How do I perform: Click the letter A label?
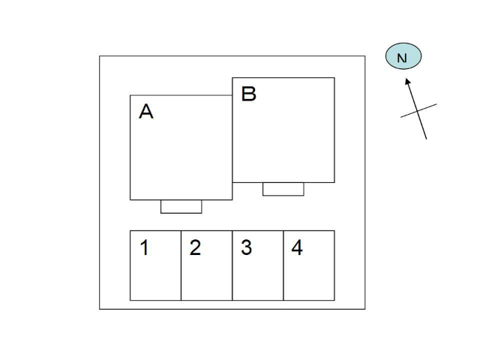(x=146, y=111)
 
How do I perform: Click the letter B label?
(x=248, y=94)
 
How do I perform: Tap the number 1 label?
(x=145, y=247)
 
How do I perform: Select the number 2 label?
(x=195, y=247)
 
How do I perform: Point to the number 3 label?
(x=247, y=247)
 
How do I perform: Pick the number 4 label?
(x=297, y=247)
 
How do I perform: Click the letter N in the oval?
(x=402, y=58)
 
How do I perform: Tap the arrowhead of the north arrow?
(x=407, y=81)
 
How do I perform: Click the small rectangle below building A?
(x=181, y=207)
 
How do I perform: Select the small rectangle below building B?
(x=283, y=189)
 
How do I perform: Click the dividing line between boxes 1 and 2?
(x=181, y=265)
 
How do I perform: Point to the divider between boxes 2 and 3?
(x=232, y=265)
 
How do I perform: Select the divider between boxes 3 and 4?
(x=283, y=265)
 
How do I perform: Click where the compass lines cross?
(x=418, y=111)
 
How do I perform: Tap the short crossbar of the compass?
(x=418, y=110)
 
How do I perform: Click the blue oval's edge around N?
(x=385, y=56)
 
